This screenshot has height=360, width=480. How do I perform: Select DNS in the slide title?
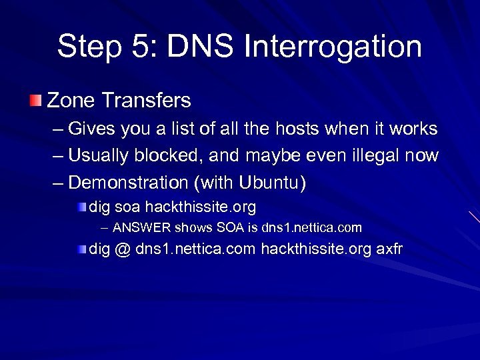click(x=201, y=47)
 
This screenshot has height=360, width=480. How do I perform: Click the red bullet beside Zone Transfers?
click(x=35, y=101)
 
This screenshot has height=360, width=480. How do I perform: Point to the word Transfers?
click(x=147, y=101)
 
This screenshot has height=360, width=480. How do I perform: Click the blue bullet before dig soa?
click(x=81, y=207)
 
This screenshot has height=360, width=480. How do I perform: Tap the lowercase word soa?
click(x=128, y=207)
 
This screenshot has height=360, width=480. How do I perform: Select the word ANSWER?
click(x=142, y=228)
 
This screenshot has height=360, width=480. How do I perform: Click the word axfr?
click(x=389, y=249)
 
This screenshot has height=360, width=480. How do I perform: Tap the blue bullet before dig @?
click(x=81, y=249)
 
